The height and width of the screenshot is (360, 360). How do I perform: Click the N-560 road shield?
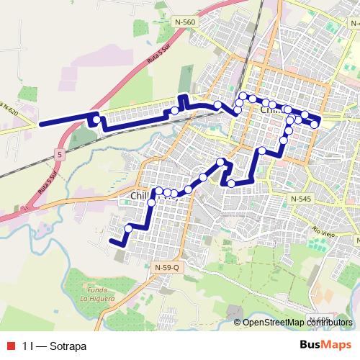[184, 22]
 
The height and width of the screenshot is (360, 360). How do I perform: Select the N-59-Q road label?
[167, 266]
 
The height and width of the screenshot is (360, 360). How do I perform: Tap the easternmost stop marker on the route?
[315, 125]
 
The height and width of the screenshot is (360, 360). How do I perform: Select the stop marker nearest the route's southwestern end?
[128, 228]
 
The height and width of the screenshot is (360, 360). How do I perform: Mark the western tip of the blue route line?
[40, 124]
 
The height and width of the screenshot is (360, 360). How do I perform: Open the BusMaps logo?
[327, 346]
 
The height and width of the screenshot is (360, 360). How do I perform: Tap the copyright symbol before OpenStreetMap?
[238, 322]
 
